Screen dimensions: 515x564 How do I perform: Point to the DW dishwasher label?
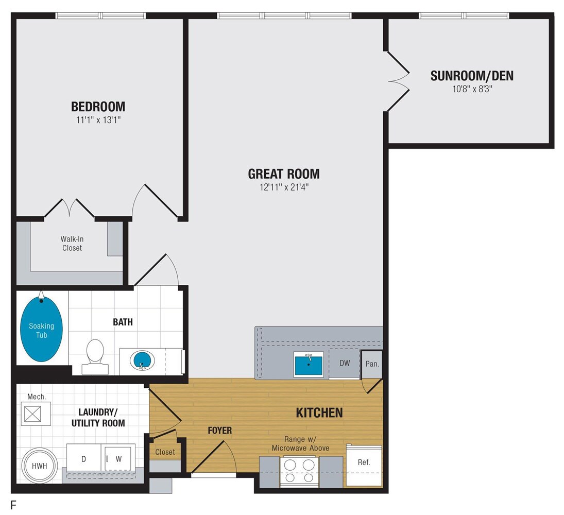tap(345, 363)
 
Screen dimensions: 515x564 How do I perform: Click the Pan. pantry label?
tap(372, 364)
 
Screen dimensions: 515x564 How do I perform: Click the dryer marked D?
tap(83, 459)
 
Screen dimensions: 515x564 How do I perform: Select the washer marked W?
tap(118, 459)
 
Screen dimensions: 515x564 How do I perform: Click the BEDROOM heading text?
tap(98, 107)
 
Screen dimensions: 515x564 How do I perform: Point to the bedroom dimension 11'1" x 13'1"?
tap(98, 121)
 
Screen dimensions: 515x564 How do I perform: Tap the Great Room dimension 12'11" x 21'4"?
tap(283, 187)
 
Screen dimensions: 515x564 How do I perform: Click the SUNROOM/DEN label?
tap(472, 76)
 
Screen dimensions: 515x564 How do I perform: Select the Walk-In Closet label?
tap(71, 243)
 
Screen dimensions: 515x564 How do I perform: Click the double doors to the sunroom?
tap(398, 81)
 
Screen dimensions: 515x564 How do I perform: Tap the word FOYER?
tap(220, 430)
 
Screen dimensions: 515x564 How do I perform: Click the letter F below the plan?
tap(13, 505)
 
